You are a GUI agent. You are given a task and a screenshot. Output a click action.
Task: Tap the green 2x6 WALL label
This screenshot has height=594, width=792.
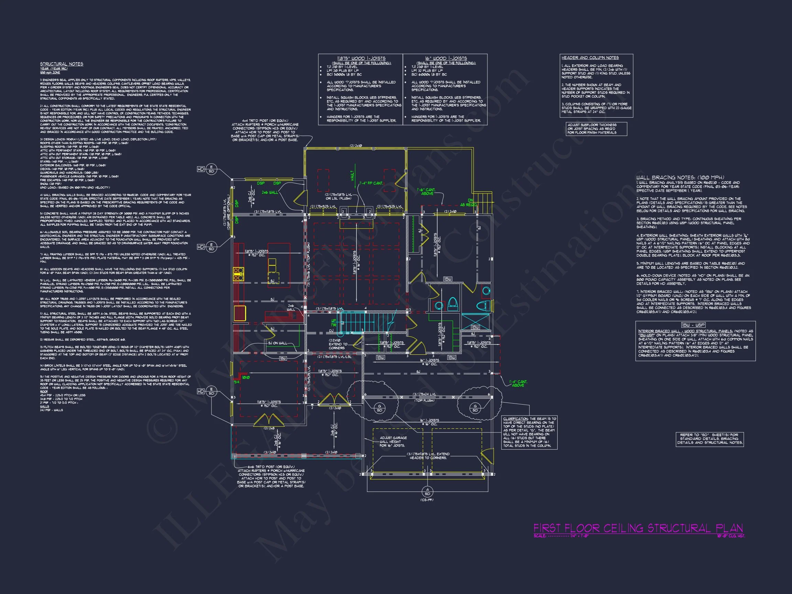(x=269, y=192)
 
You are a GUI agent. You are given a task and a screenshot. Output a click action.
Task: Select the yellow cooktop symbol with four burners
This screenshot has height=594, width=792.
(x=239, y=274)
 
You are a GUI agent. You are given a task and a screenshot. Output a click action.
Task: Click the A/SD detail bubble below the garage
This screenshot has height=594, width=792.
(x=427, y=491)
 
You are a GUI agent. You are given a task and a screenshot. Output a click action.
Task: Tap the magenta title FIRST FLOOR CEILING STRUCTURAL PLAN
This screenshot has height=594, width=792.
(x=638, y=528)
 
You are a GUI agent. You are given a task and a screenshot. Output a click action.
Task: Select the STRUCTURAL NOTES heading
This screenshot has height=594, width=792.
(x=62, y=64)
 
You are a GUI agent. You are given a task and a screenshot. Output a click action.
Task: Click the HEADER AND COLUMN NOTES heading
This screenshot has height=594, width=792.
(x=590, y=58)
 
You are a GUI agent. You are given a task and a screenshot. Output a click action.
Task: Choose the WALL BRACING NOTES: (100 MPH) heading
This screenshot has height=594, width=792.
(x=680, y=178)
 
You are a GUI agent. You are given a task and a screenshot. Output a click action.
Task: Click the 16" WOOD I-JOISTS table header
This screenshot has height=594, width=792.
(x=446, y=58)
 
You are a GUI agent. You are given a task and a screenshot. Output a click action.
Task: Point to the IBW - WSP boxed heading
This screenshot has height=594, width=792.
(x=694, y=325)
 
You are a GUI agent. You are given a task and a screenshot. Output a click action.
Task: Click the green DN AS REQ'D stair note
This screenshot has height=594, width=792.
(x=469, y=203)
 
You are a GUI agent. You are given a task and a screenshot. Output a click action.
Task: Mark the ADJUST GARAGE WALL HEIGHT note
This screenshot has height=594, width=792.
(x=393, y=441)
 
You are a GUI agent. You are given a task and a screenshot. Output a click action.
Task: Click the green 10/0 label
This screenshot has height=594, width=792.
(x=246, y=377)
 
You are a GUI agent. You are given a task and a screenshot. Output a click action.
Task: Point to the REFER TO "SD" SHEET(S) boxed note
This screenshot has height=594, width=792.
(x=709, y=439)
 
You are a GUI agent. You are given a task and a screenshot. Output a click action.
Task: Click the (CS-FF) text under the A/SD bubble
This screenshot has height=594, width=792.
(x=427, y=500)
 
